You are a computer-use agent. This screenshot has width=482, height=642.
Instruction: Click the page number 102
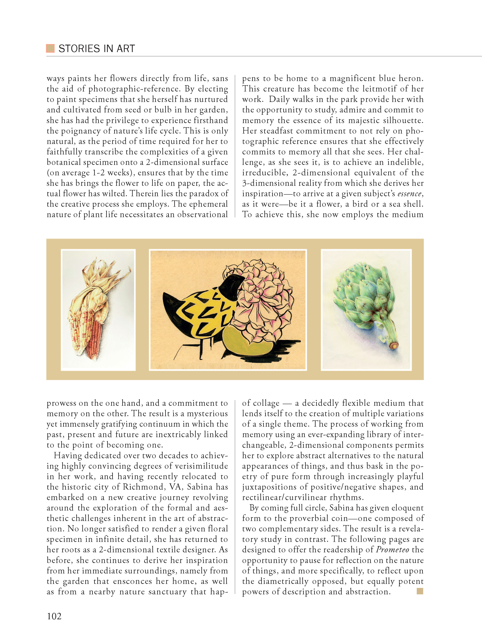click(x=54, y=616)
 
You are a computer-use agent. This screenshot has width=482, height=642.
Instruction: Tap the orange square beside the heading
click(x=50, y=48)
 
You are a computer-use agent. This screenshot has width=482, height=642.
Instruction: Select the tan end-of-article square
click(x=420, y=591)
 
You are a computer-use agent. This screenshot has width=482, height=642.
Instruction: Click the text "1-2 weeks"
click(x=111, y=173)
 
